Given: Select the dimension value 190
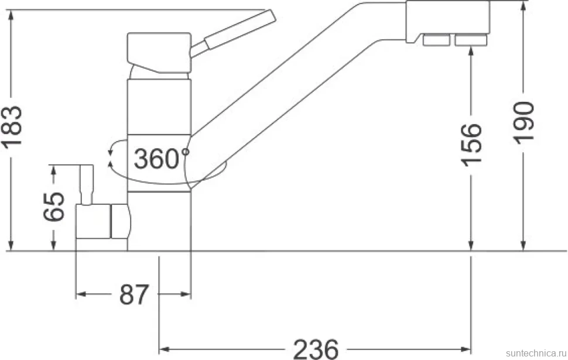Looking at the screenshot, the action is [525, 123].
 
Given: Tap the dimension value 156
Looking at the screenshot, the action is [471, 145].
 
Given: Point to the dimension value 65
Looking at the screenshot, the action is [54, 207].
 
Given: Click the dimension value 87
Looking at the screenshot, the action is [134, 294].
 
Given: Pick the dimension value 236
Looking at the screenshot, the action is [316, 349].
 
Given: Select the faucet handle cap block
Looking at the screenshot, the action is [159, 53].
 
